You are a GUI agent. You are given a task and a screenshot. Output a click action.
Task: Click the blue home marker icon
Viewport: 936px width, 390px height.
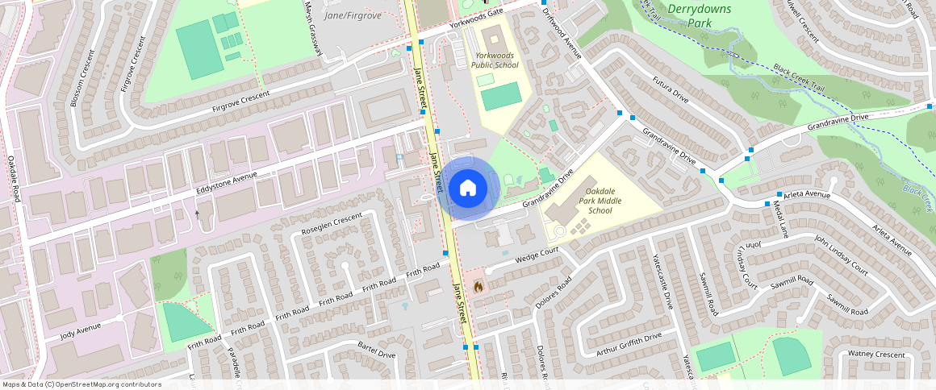click(x=467, y=189)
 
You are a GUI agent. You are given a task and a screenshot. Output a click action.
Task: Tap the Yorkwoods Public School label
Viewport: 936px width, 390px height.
click(x=496, y=60)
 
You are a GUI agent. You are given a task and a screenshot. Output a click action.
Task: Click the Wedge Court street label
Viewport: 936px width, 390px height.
click(x=537, y=256)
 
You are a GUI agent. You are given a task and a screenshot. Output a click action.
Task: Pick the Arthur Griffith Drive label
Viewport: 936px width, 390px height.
click(x=629, y=342)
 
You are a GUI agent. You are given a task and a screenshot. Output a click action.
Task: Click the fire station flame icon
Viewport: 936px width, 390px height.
click(x=478, y=286)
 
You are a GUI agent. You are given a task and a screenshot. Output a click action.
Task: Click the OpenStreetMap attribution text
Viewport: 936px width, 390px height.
click(x=81, y=384)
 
